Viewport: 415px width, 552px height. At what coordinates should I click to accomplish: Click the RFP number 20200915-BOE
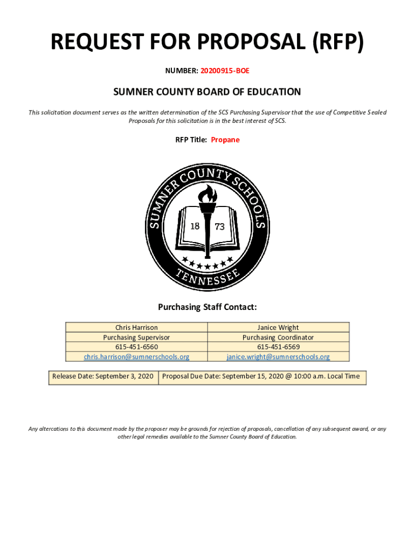[x=225, y=70]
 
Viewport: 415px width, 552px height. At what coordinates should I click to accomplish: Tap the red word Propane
[x=225, y=140]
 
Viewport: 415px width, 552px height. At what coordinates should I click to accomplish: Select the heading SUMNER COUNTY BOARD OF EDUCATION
[x=207, y=92]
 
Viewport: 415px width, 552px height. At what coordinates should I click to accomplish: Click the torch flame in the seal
[x=207, y=194]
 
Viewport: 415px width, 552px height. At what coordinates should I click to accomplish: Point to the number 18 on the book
[x=195, y=226]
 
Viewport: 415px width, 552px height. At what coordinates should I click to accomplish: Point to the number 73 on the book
[x=220, y=227]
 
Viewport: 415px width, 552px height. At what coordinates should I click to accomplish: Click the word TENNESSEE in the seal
[x=207, y=275]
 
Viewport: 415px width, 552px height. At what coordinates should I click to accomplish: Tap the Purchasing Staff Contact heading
[x=207, y=307]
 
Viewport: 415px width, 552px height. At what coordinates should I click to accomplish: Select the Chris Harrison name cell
[x=136, y=327]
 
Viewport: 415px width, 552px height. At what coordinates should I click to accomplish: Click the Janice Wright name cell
[x=278, y=327]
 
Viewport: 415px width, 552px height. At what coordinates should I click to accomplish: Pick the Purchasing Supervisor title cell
[x=136, y=337]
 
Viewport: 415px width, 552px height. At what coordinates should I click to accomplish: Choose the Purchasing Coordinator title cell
[x=278, y=337]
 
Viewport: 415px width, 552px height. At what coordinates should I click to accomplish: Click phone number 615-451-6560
[x=136, y=347]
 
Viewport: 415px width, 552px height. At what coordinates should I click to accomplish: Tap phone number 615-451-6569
[x=278, y=347]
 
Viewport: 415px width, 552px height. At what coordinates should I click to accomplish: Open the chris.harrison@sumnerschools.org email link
[x=136, y=357]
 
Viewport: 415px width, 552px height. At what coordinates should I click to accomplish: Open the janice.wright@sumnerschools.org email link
[x=278, y=357]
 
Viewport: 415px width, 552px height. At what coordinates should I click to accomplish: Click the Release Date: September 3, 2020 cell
[x=103, y=376]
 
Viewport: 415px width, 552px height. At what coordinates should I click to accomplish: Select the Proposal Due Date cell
[x=261, y=376]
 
